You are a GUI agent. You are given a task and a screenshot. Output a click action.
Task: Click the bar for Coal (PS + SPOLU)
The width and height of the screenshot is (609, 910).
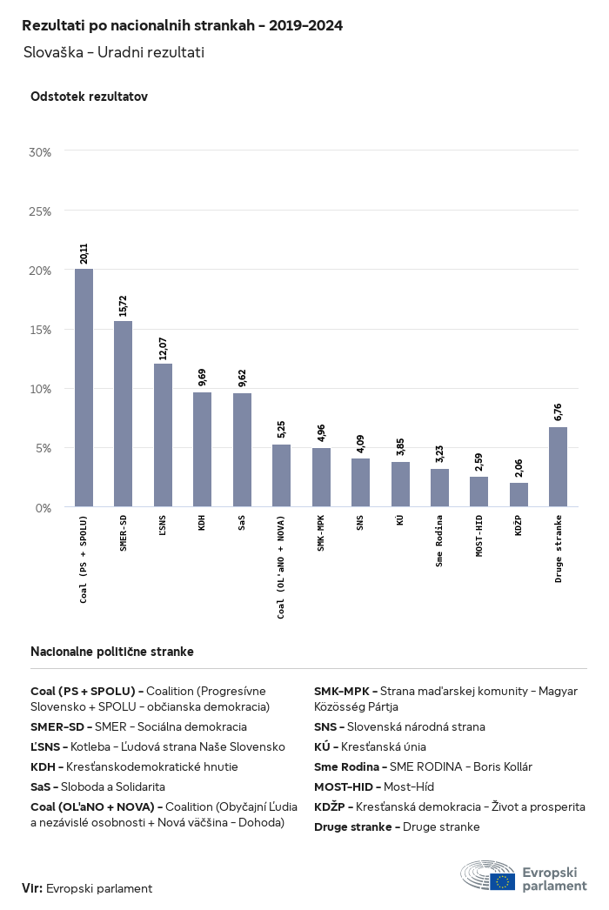tap(84, 388)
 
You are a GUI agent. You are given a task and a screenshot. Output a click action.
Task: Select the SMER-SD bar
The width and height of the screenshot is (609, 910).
tap(123, 414)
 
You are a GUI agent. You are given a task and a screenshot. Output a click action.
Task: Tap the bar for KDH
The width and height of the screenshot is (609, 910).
tap(202, 450)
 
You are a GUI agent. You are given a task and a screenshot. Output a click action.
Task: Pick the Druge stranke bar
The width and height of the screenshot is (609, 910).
tap(558, 467)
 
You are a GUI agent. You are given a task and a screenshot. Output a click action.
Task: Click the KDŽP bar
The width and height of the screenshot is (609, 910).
tap(519, 495)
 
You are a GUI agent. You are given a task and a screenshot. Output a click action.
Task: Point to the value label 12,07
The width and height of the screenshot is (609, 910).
tap(163, 348)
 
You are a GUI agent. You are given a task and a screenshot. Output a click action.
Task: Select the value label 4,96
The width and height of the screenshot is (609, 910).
tap(321, 433)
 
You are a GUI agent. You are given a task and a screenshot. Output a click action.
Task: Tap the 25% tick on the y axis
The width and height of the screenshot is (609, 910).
tap(40, 211)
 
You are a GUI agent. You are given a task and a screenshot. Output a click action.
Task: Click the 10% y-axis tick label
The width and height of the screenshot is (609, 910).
tap(40, 389)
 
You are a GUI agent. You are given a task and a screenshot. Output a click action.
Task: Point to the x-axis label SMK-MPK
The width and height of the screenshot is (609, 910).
tap(320, 532)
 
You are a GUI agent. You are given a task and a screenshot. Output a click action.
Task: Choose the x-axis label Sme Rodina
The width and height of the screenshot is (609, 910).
tap(438, 541)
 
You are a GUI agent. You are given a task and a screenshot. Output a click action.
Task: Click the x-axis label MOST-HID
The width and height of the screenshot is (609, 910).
tap(479, 536)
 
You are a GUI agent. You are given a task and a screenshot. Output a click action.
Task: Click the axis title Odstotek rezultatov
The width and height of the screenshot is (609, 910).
tap(90, 97)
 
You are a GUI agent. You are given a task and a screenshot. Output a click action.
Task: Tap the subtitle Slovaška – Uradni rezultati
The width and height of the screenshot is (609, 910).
tap(114, 52)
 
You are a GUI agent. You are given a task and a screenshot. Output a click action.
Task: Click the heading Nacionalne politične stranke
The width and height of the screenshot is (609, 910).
tap(112, 652)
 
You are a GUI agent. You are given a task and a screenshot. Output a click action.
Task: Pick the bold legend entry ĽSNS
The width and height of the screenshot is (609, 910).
tap(45, 747)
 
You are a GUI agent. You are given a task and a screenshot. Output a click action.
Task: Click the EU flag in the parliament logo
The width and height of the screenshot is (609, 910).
tap(503, 881)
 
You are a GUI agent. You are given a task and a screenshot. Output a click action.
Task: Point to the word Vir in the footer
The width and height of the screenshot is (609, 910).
tap(30, 888)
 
